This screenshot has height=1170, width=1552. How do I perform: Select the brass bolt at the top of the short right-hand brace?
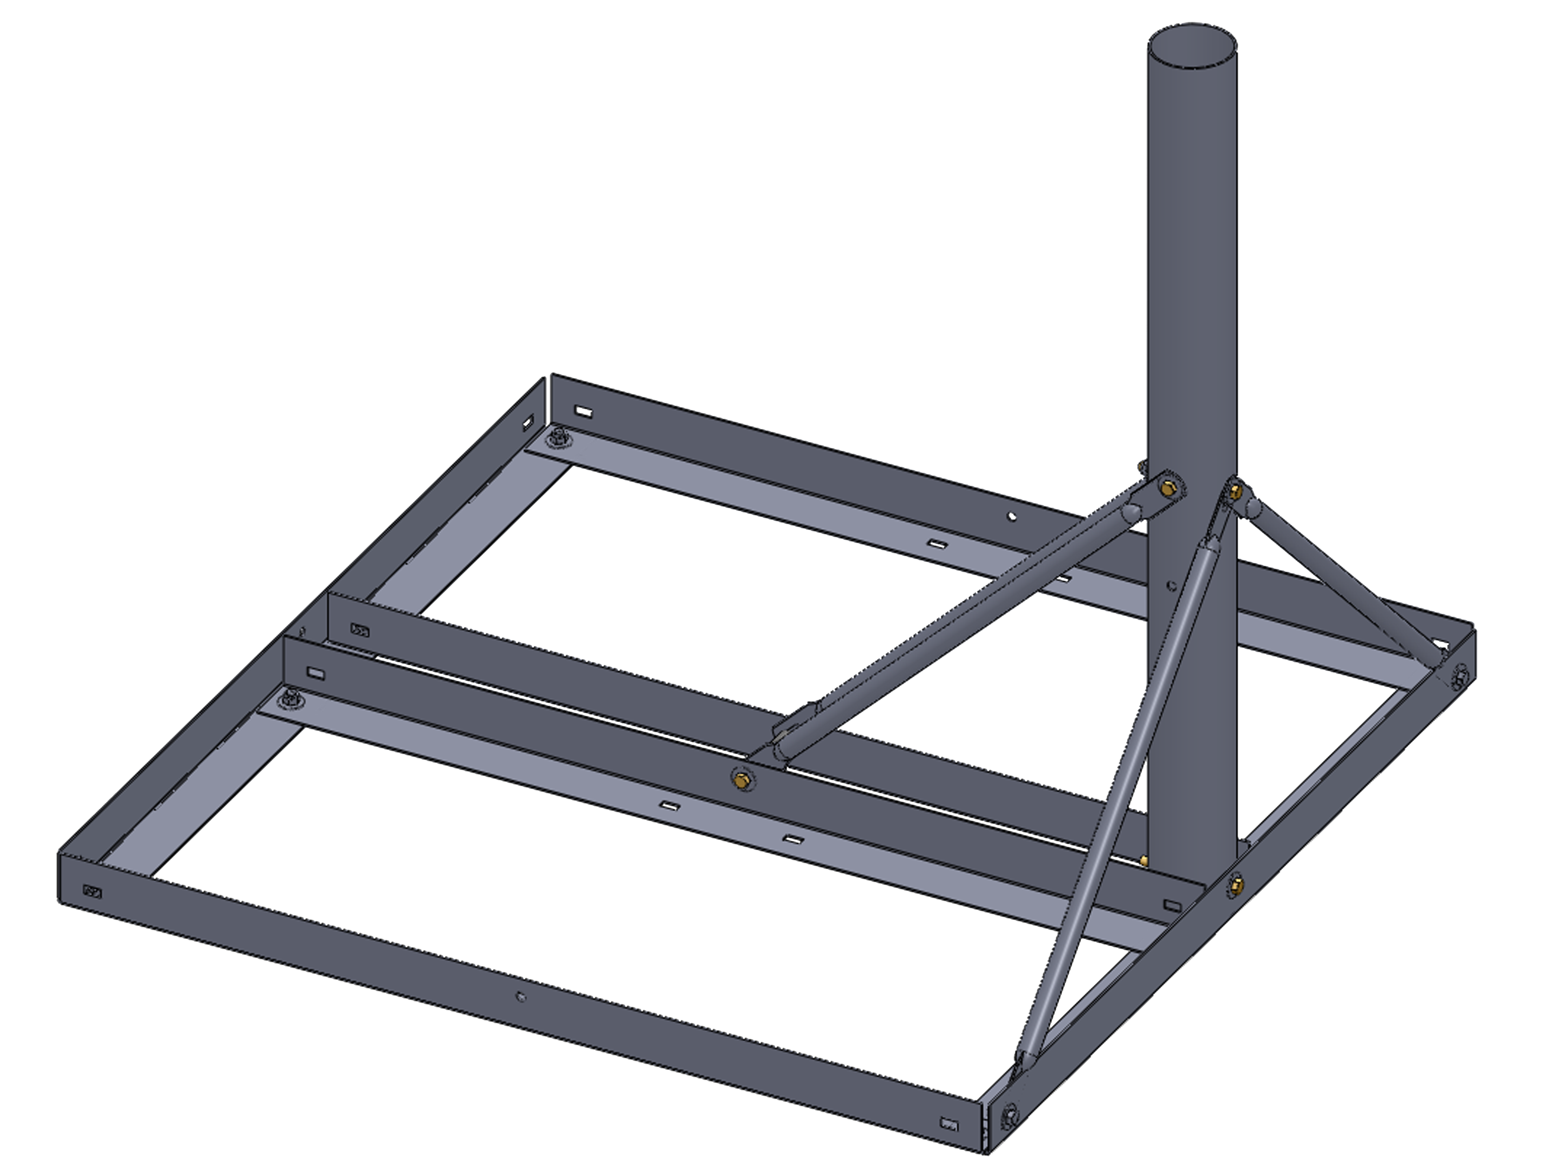[x=1236, y=493]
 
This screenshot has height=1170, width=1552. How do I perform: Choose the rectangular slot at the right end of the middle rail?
[x=1172, y=905]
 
